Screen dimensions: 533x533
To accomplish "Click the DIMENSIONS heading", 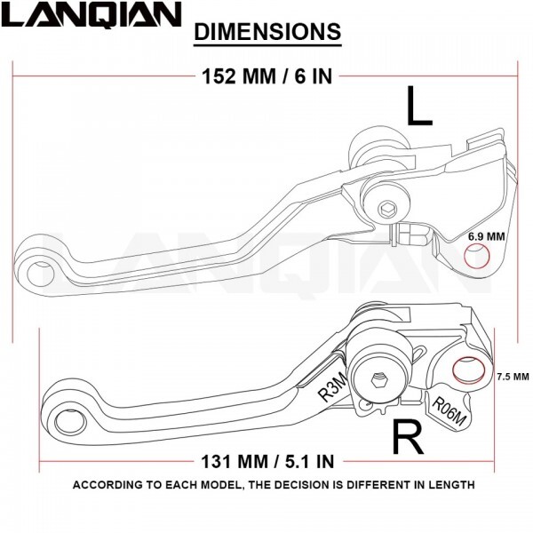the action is tap(267, 32).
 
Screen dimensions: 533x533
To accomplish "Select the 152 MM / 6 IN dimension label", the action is tap(266, 76).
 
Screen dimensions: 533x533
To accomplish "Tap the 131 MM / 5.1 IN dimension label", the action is tap(267, 461).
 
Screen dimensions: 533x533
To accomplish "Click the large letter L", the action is tap(419, 106).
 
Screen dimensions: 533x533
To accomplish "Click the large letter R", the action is tap(408, 436).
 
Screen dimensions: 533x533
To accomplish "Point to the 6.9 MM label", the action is tap(487, 236).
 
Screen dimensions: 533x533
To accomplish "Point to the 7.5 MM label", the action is tap(513, 377).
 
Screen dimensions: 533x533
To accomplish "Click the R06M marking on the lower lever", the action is tap(449, 410).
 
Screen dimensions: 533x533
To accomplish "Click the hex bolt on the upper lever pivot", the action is tap(388, 209).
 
